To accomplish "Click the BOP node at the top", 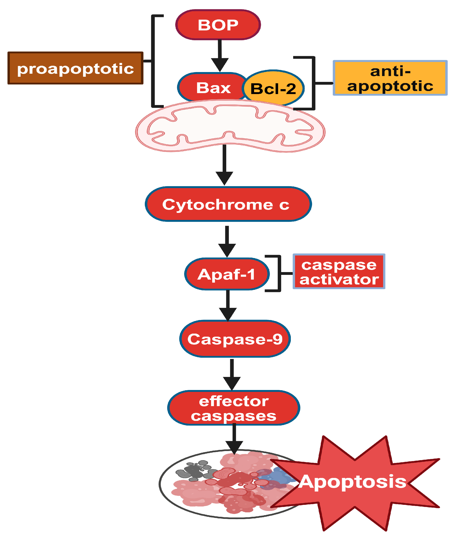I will (x=218, y=25).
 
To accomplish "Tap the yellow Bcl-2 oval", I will (x=273, y=88).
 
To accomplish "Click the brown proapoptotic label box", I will (x=75, y=68).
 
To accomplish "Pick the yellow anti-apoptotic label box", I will (x=390, y=78).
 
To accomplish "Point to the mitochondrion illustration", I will (x=230, y=127).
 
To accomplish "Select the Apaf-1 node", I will (x=227, y=274).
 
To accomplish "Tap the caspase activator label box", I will (x=339, y=271).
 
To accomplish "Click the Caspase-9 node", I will (x=235, y=339).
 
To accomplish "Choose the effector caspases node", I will (x=233, y=408).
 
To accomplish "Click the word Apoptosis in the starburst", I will (x=353, y=481).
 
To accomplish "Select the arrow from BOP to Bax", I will (x=220, y=56).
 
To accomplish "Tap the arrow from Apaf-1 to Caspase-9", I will (x=228, y=305).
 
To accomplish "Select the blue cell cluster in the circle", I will (x=278, y=478).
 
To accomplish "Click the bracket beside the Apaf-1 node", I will (x=279, y=273).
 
